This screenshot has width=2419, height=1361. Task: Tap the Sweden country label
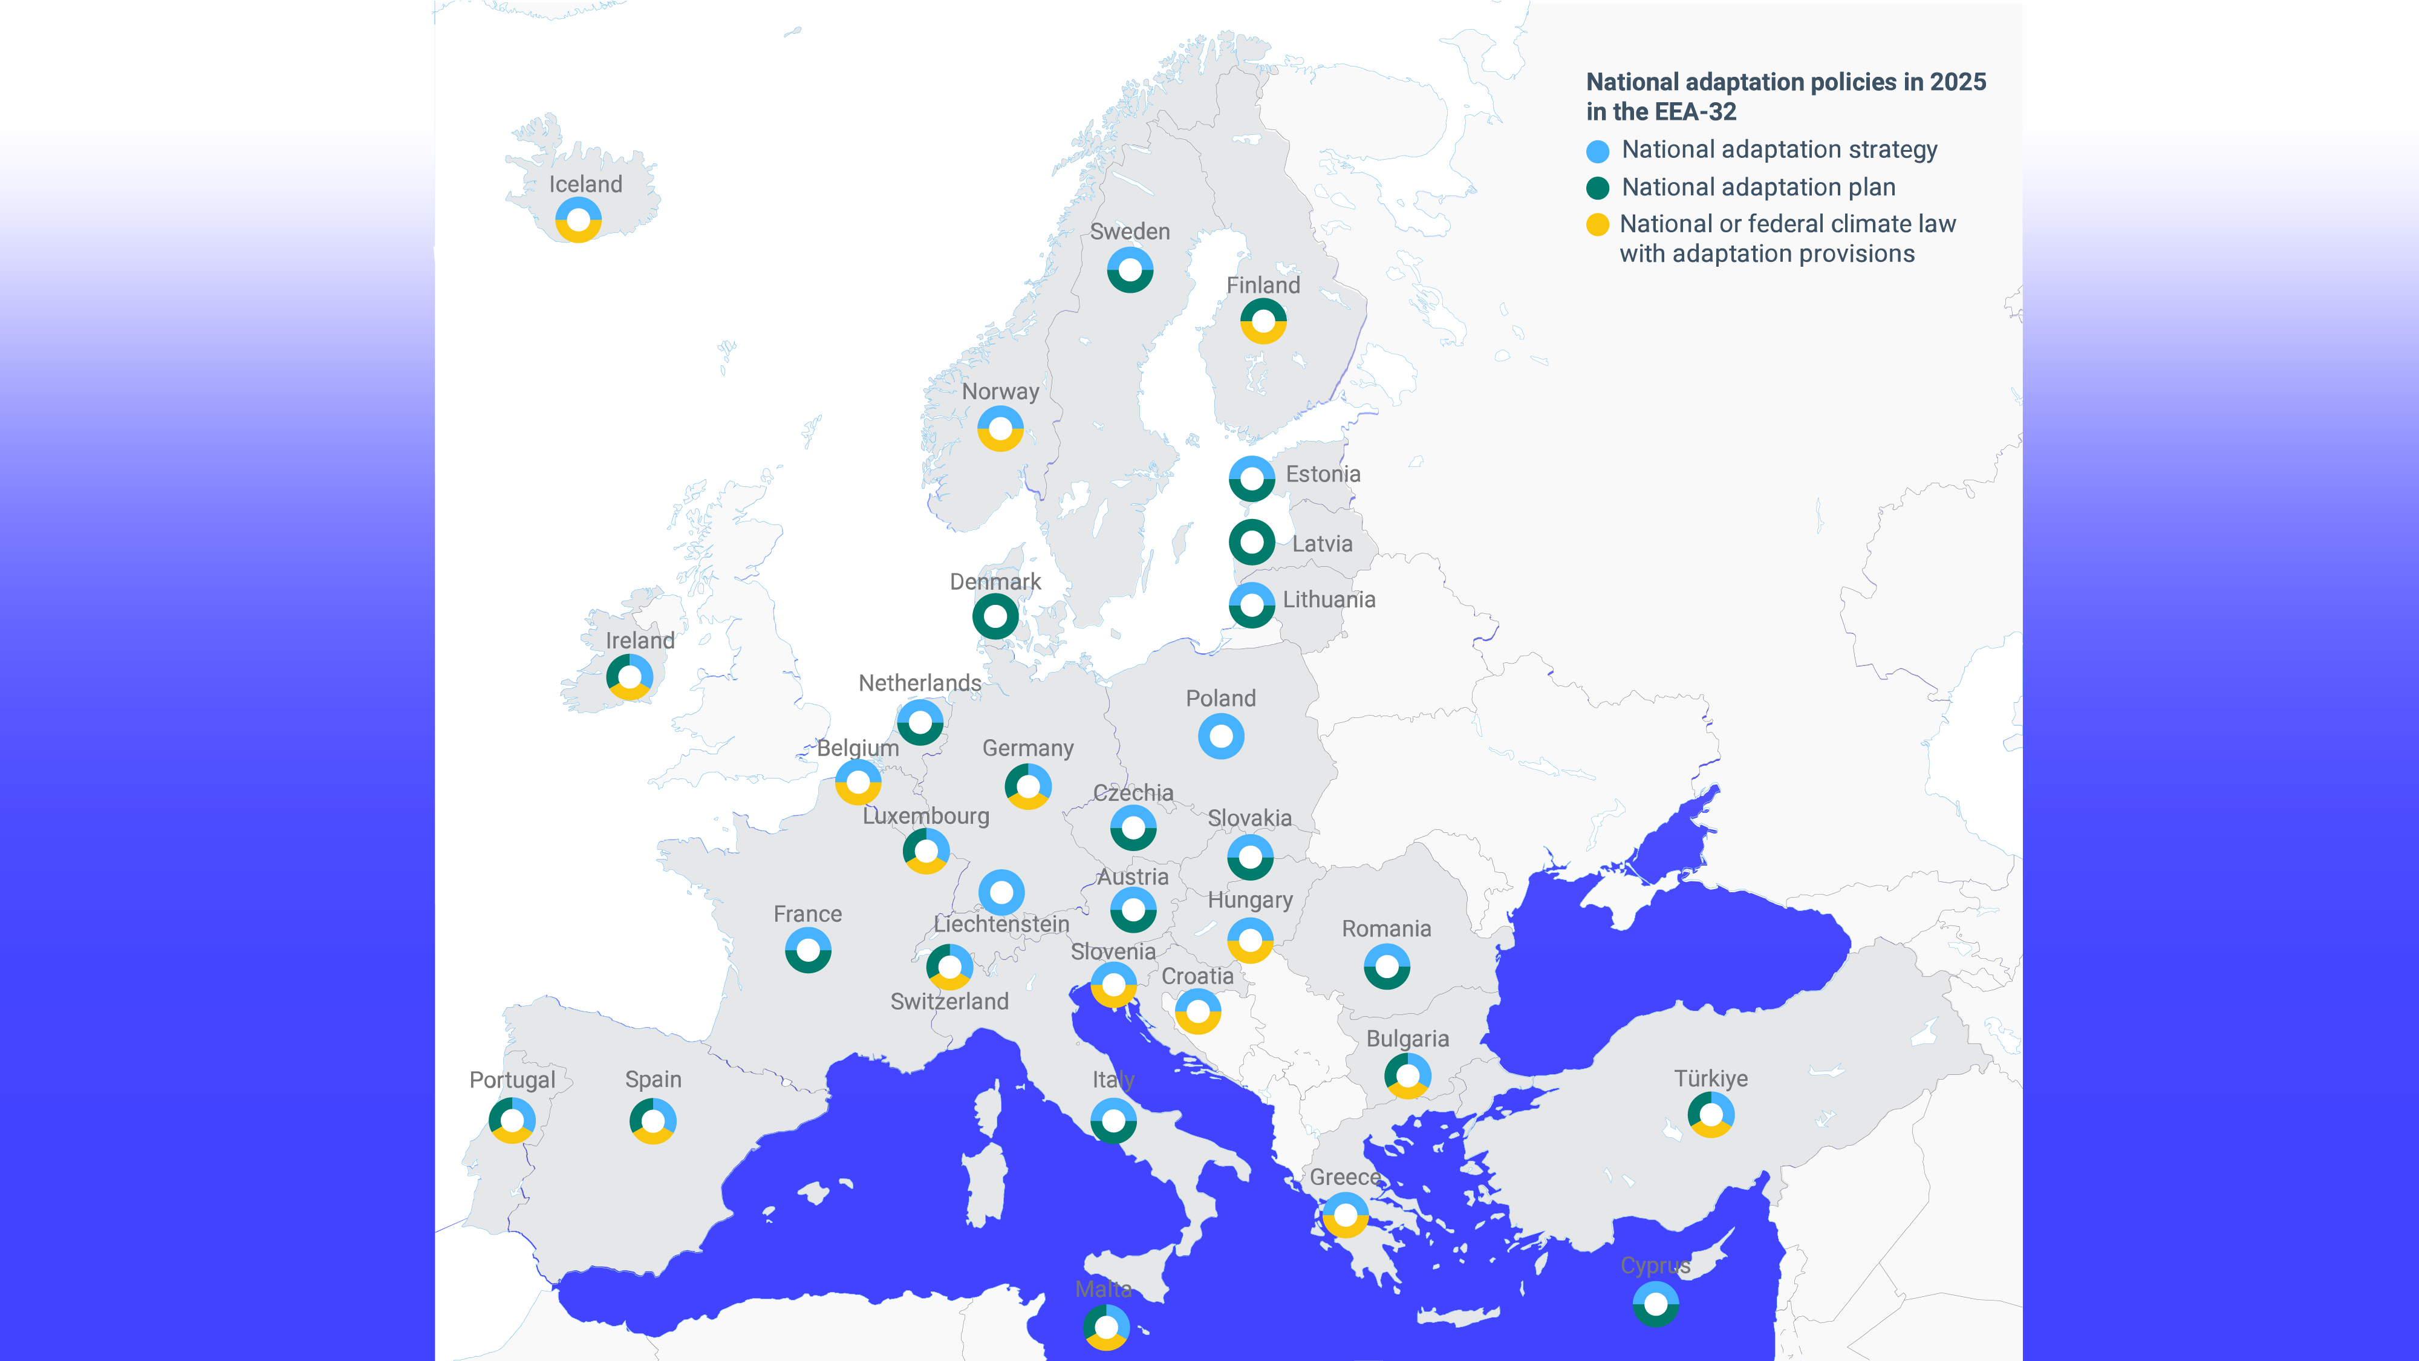1130,231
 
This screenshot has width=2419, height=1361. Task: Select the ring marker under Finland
1263,321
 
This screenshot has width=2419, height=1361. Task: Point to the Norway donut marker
1000,428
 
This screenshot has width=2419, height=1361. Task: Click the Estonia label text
1322,474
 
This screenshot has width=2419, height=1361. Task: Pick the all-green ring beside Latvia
1252,542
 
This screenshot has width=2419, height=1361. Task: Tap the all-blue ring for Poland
1221,736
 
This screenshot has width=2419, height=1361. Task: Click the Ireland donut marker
629,677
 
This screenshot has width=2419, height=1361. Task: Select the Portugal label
512,1080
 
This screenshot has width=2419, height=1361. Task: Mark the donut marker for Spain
653,1120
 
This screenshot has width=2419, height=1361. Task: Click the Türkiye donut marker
1711,1115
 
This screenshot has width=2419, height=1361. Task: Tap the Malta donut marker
1106,1327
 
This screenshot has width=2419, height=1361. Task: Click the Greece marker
1346,1215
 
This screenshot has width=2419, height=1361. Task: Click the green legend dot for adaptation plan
1597,189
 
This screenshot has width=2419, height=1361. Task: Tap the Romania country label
1386,929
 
